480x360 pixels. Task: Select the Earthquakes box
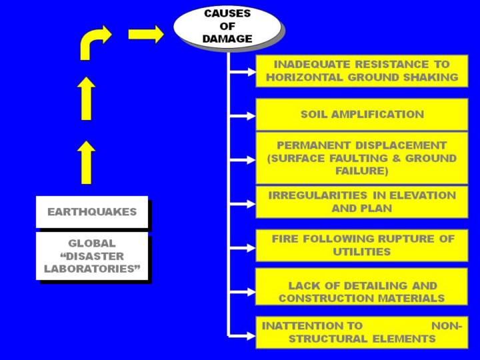(x=92, y=212)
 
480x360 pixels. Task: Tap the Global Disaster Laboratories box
(x=92, y=256)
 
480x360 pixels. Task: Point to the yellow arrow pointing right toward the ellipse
(x=146, y=34)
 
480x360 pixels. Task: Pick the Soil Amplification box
(x=362, y=114)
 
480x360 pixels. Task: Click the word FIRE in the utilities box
(x=285, y=239)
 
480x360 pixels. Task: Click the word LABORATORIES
(x=92, y=269)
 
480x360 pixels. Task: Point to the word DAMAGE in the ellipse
(x=227, y=39)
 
